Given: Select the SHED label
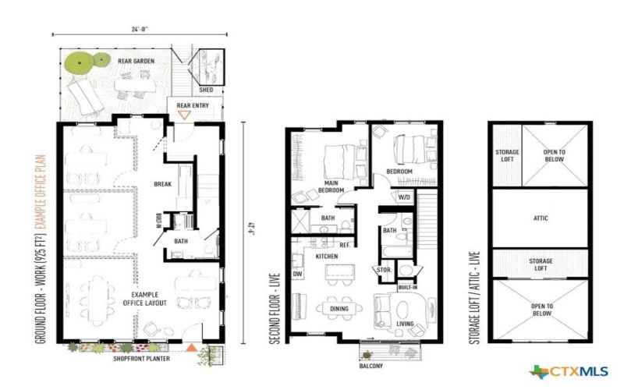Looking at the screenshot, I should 207,88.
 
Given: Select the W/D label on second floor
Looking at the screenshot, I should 405,197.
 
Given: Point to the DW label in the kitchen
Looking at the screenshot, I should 297,274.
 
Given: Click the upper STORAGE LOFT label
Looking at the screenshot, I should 508,156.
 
